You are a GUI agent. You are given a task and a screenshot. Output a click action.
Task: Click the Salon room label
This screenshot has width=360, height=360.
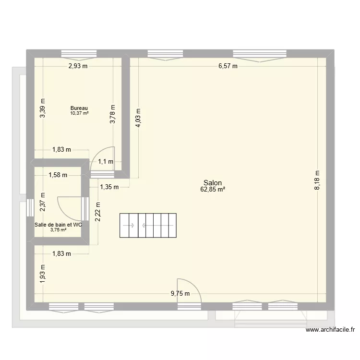pos(213,183)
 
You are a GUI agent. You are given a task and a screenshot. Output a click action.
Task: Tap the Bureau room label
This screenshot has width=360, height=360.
pos(79,108)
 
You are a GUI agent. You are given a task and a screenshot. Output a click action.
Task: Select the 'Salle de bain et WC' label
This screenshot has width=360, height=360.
pos(58,225)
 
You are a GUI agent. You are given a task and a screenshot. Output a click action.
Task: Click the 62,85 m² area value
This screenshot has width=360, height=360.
pos(213,190)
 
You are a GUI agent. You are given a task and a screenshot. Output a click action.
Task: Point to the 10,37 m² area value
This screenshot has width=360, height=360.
pos(79,113)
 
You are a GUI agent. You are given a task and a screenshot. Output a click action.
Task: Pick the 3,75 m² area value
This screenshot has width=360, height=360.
pos(58,230)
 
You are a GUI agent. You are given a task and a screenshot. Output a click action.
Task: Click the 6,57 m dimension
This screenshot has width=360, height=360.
pos(228,66)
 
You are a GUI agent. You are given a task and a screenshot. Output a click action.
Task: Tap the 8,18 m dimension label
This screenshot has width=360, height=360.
pos(317,180)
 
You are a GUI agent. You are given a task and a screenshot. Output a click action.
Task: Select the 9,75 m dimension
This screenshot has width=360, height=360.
pos(180,294)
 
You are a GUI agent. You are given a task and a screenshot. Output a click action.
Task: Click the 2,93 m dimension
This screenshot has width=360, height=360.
pos(78,66)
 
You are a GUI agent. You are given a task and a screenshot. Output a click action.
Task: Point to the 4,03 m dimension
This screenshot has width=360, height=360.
pos(138,117)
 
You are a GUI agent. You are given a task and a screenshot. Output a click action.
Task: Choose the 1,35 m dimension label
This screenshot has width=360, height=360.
pos(109,187)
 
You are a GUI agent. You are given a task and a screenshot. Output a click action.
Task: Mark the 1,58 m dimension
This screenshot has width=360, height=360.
pos(58,175)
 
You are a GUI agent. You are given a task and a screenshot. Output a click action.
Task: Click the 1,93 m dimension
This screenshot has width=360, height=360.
pos(43,274)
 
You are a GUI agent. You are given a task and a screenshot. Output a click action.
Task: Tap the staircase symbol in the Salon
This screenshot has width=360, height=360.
pos(148,225)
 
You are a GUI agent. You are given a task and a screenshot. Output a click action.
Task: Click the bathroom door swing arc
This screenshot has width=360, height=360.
pos(69,208)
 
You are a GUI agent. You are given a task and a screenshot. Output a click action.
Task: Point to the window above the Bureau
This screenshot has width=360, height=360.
pos(78,53)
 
